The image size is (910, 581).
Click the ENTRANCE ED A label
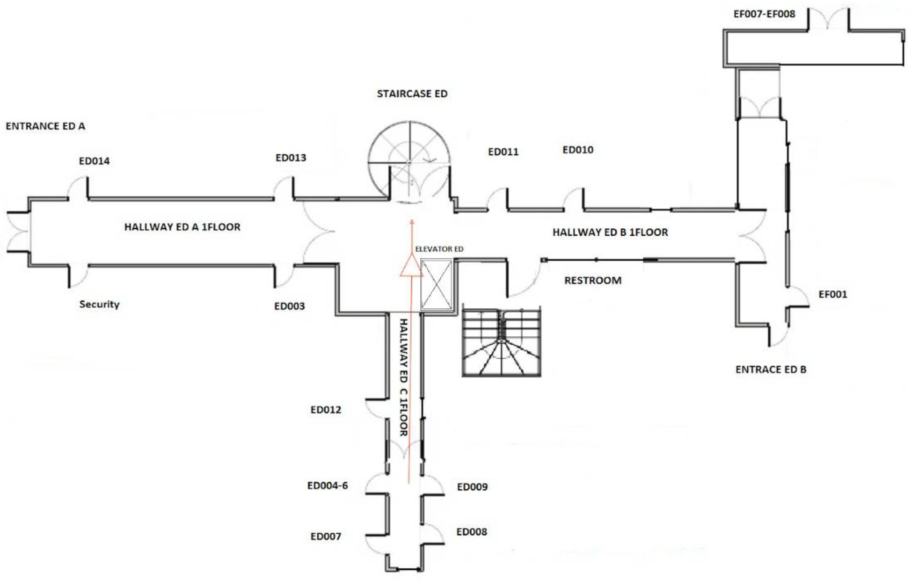coord(45,126)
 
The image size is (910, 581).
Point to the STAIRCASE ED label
coord(412,94)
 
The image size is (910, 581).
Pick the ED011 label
coord(503,152)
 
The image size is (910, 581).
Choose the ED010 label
coord(578,150)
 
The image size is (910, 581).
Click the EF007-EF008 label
coord(764,14)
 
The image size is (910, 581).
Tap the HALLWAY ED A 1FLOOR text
coord(182,227)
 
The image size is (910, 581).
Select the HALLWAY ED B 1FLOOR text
coord(610,232)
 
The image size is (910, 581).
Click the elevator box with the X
coord(436,285)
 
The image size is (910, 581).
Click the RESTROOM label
coord(593,280)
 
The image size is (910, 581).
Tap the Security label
coord(99,304)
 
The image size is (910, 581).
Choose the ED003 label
coord(289,306)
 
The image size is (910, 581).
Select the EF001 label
coord(833,294)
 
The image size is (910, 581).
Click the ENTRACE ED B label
coord(771,369)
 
